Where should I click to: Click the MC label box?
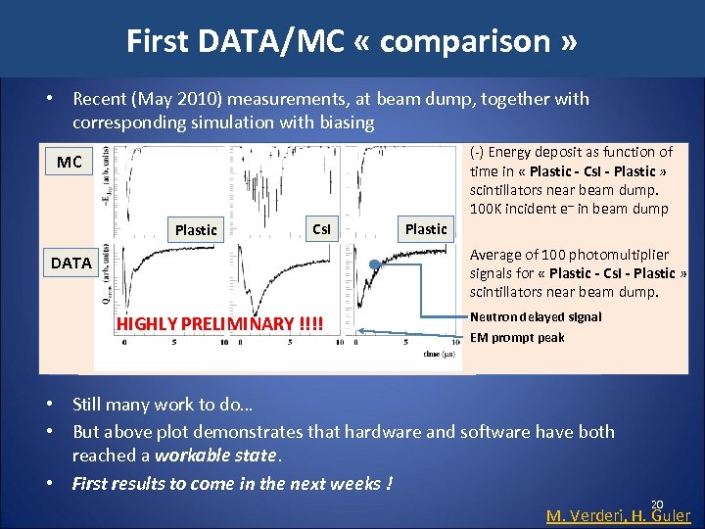(x=70, y=162)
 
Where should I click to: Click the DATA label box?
(x=70, y=263)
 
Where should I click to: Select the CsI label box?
(x=320, y=229)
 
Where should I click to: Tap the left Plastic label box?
(x=196, y=229)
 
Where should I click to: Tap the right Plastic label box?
(x=426, y=228)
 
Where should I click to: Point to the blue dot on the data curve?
(x=374, y=264)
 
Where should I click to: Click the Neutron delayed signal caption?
(x=536, y=316)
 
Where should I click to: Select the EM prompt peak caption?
(x=517, y=338)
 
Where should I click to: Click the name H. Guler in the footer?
(x=667, y=515)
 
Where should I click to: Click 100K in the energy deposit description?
(x=489, y=208)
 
